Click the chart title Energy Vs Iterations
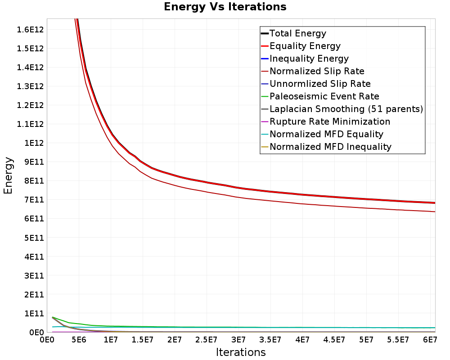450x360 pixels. (x=225, y=7)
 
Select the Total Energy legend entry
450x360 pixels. (x=293, y=33)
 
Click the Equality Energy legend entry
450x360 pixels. (x=301, y=46)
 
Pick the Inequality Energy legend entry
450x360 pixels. (x=305, y=58)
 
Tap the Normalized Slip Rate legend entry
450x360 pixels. (x=313, y=71)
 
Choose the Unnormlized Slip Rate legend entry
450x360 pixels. (x=316, y=84)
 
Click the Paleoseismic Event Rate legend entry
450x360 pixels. (x=320, y=96)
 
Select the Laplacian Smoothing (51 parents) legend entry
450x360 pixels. (x=342, y=109)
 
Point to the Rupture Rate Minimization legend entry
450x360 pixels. (x=325, y=121)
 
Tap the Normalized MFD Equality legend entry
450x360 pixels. (x=322, y=135)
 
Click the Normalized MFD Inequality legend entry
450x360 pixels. (x=326, y=147)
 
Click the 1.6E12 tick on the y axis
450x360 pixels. (x=30, y=30)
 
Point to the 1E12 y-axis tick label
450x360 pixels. (x=34, y=143)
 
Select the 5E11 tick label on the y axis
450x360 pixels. (x=34, y=238)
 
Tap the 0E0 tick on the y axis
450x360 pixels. (x=37, y=333)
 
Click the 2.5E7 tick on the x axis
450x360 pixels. (x=207, y=340)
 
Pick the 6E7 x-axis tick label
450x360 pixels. (x=430, y=340)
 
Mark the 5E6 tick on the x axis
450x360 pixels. (x=79, y=340)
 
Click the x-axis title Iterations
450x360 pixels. (x=241, y=352)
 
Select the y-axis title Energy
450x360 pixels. (x=8, y=175)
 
